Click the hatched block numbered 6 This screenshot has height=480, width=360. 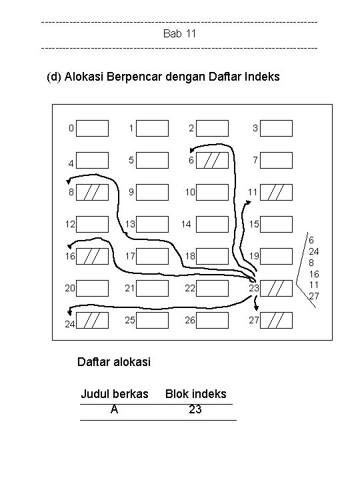click(212, 160)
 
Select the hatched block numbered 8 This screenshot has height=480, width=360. click(92, 192)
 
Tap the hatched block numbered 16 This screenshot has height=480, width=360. click(92, 256)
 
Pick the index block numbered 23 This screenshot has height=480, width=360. click(276, 289)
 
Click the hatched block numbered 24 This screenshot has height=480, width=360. click(92, 320)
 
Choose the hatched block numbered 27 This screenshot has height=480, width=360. click(276, 320)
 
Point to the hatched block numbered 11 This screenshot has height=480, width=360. click(276, 192)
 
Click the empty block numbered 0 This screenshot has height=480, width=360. click(92, 128)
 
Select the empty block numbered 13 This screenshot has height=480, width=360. click(152, 224)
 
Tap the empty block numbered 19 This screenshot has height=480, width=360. click(276, 256)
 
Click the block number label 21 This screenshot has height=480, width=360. click(130, 288)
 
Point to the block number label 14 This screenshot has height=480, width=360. click(186, 224)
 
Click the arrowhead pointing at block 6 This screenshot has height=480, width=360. click(192, 150)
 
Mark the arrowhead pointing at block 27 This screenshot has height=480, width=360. click(257, 307)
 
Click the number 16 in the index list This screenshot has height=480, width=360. click(314, 274)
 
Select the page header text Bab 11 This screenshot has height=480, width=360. click(180, 33)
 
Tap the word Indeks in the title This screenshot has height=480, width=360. click(262, 77)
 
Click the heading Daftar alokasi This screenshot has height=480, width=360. click(114, 362)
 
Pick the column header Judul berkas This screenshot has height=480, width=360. click(115, 394)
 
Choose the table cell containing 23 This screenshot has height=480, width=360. click(195, 409)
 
